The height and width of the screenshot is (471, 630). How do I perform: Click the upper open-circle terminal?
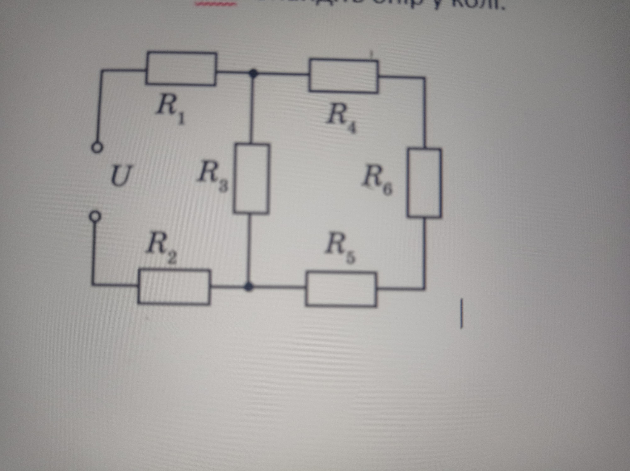97,148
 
